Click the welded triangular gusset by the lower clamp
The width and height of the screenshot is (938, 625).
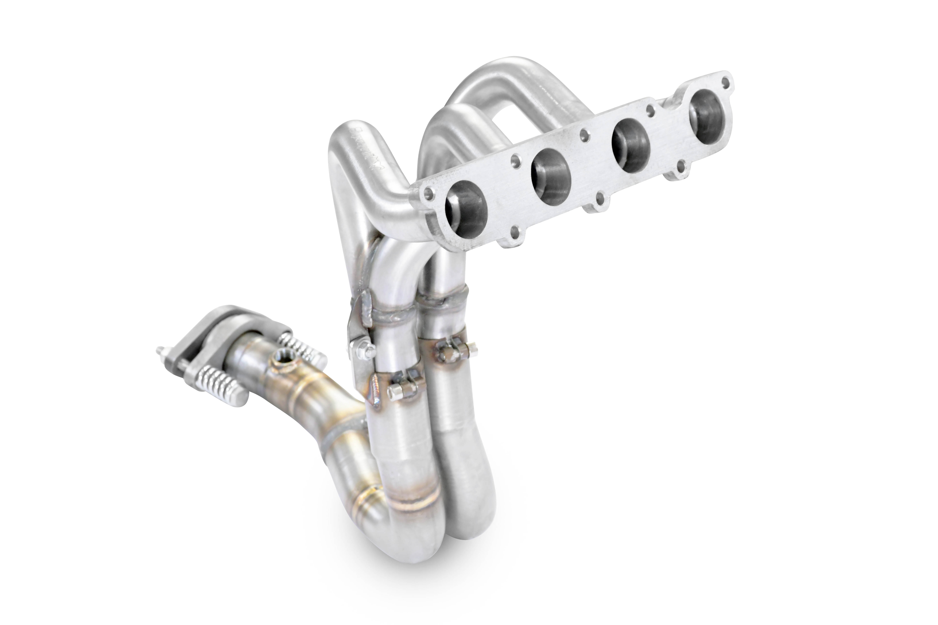coord(375,393)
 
